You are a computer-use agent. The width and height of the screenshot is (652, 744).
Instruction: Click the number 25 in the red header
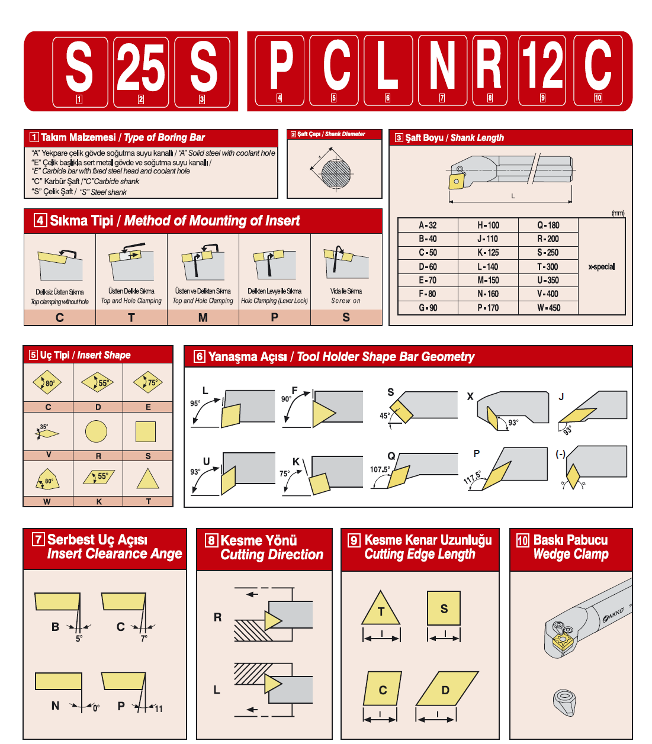click(140, 67)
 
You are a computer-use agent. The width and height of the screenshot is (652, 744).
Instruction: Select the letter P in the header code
click(280, 65)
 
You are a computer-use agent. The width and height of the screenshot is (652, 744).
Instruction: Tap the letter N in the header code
click(442, 65)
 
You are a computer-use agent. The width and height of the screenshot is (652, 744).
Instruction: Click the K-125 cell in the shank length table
click(488, 253)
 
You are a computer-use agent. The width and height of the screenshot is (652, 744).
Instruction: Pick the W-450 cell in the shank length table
click(548, 308)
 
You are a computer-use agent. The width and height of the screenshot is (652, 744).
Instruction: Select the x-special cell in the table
click(601, 266)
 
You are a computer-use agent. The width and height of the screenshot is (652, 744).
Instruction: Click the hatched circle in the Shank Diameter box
click(336, 173)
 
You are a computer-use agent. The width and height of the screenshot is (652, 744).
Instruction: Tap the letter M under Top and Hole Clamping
click(203, 318)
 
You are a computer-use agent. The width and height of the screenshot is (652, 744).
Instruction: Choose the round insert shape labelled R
click(96, 431)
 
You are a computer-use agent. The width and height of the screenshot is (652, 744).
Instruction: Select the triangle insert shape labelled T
click(147, 479)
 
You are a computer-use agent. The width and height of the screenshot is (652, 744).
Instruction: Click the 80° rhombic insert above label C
click(48, 382)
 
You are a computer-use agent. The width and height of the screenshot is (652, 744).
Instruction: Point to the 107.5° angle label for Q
click(380, 469)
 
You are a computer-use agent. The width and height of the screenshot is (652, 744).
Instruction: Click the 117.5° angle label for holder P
click(472, 478)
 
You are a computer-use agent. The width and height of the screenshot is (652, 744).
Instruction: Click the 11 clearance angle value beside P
click(159, 708)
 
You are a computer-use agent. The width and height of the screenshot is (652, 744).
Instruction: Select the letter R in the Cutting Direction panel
click(217, 617)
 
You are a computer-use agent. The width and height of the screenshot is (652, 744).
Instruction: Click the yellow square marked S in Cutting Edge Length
click(444, 608)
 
